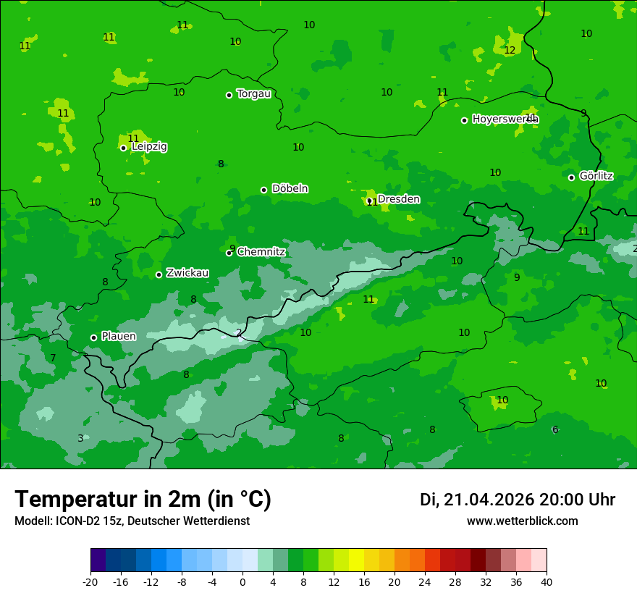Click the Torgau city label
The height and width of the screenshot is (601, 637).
[x=253, y=94]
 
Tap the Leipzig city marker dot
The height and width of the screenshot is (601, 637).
[x=123, y=148]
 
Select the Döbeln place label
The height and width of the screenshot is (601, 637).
[x=290, y=189]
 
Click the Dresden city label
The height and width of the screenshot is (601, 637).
[x=398, y=199]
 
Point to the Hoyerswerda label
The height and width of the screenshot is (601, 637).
[x=505, y=119]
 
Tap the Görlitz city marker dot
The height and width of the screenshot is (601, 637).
[x=571, y=177]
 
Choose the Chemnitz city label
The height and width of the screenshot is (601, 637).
[x=261, y=252]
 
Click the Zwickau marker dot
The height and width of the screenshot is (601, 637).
[x=159, y=274]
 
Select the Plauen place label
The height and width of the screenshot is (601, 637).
[x=118, y=337]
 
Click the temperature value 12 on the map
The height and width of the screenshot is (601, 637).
[x=510, y=51]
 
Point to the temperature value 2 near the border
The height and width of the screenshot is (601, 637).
[x=239, y=333]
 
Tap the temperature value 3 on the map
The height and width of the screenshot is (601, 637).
[x=80, y=438]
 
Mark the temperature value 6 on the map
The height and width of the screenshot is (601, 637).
[x=555, y=430]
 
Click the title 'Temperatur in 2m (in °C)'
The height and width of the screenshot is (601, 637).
[x=143, y=500]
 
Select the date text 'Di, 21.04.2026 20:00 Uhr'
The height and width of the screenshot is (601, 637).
[x=517, y=500]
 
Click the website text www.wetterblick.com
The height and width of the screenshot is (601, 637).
[x=522, y=521]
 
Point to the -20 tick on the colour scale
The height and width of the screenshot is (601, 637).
[x=90, y=582]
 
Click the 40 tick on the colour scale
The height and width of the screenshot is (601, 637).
[x=547, y=582]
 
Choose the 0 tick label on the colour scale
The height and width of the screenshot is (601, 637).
[x=242, y=582]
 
